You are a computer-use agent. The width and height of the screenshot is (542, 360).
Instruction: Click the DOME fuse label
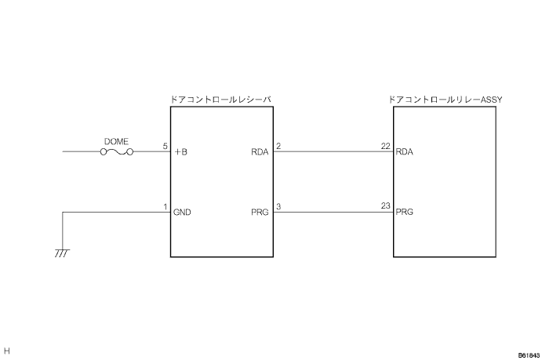coord(116,141)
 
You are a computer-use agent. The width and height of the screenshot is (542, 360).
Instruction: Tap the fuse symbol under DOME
coord(116,152)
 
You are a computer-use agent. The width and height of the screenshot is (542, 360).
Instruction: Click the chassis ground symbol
coord(62,253)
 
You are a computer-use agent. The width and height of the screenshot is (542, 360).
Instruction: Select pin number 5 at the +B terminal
coord(165,146)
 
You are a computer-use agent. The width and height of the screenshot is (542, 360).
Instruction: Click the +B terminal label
coord(181,152)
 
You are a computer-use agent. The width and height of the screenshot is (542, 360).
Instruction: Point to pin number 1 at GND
coord(165,207)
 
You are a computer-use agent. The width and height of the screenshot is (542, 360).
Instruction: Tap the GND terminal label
coord(183,213)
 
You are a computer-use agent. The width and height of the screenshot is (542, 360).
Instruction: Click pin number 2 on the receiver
coord(279,146)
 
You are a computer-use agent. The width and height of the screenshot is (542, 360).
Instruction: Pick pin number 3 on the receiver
coord(279,207)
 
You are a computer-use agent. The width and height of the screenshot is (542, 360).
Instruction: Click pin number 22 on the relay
coord(385,146)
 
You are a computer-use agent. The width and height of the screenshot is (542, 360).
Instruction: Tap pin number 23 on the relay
coord(385,207)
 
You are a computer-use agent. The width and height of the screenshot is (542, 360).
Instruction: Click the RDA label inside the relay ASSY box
coord(406,152)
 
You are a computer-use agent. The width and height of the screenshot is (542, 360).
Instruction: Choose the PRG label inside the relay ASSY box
coord(406,213)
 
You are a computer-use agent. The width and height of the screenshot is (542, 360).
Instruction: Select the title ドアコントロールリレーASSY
coord(445,100)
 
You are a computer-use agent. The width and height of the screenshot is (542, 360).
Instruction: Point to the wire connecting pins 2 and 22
coord(333,152)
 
